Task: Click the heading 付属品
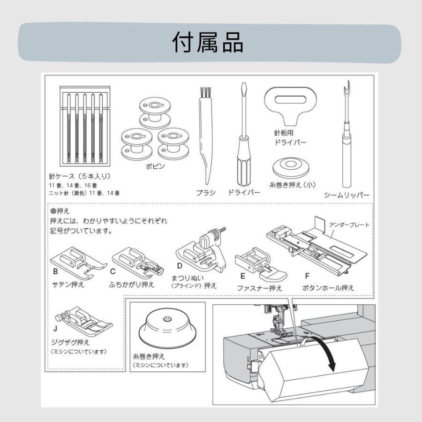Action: click(x=208, y=42)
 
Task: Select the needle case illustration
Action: click(x=85, y=126)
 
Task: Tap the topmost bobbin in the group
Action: click(x=155, y=113)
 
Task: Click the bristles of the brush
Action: click(x=206, y=93)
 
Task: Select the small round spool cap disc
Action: click(x=291, y=168)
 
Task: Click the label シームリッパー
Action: click(x=347, y=195)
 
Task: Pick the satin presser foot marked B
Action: click(x=78, y=263)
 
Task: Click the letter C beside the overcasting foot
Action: click(x=113, y=271)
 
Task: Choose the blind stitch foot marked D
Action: click(x=201, y=250)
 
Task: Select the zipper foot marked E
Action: click(x=261, y=264)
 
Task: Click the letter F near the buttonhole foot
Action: click(x=307, y=276)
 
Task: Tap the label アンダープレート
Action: click(x=349, y=225)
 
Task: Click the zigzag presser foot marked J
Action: click(x=84, y=321)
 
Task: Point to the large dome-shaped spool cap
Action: click(x=167, y=328)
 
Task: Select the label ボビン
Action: click(x=155, y=166)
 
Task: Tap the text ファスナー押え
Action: click(x=259, y=288)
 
